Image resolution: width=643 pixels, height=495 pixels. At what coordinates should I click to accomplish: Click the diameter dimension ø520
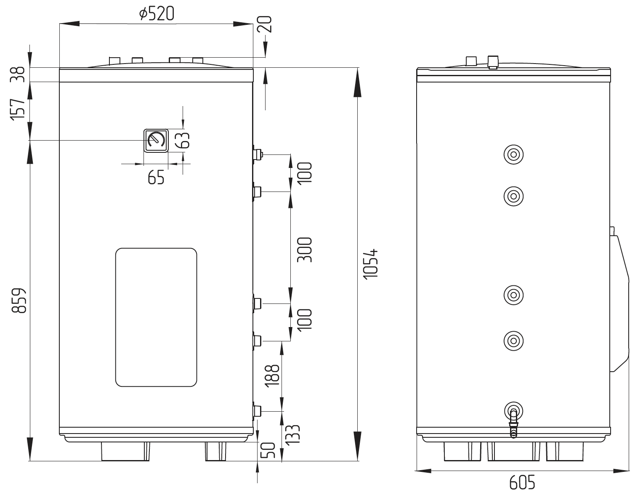click(157, 14)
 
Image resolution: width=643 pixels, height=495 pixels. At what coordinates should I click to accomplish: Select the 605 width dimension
click(522, 482)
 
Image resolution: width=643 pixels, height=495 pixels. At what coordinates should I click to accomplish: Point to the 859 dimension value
click(19, 300)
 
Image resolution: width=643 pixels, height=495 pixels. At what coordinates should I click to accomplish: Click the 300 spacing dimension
click(305, 250)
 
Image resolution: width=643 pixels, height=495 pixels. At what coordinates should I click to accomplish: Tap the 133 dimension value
click(293, 434)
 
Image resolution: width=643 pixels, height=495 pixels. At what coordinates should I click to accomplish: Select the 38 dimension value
click(18, 75)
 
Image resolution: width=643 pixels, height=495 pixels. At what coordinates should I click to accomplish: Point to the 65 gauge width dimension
click(156, 178)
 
